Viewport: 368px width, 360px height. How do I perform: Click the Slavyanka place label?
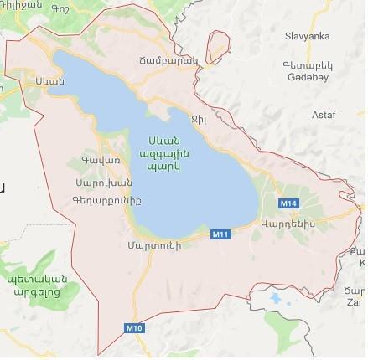tap(307, 36)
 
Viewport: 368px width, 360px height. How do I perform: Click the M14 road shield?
tap(288, 203)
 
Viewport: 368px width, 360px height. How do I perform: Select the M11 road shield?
tap(220, 234)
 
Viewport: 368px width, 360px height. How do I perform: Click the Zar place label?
tap(354, 301)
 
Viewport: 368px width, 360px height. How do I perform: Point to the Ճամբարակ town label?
tap(167, 60)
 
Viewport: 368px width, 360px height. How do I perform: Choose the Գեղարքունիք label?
tap(107, 200)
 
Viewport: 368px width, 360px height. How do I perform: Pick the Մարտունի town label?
tap(155, 246)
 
